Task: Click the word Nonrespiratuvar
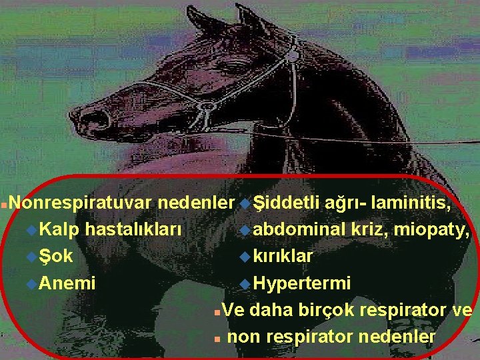click(x=82, y=201)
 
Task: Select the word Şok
click(x=57, y=256)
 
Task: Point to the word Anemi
click(x=67, y=283)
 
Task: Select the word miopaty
click(x=433, y=229)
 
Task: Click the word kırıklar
click(x=283, y=256)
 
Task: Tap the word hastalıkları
click(x=134, y=229)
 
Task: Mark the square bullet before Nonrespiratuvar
click(x=5, y=202)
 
